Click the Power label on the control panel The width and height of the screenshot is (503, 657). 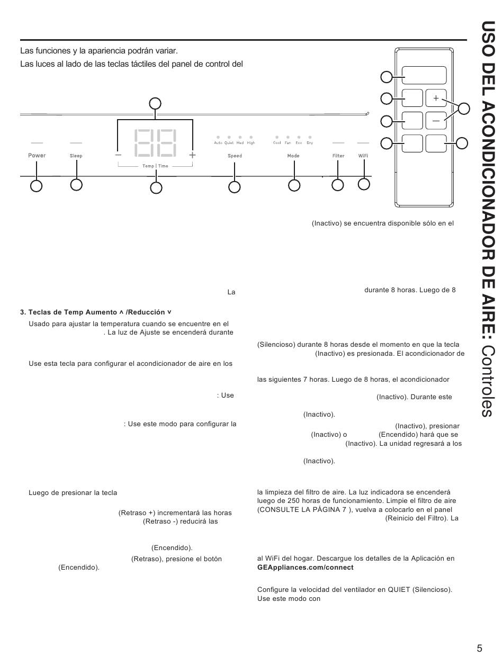(37, 156)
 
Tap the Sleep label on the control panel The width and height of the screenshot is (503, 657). (76, 156)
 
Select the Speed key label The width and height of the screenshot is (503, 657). (235, 156)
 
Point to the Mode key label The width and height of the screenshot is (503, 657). (293, 156)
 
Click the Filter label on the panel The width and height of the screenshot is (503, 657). (338, 156)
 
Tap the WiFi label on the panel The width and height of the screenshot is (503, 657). (363, 156)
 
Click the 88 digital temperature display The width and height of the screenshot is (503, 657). (155, 143)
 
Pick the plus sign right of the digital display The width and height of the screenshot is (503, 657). (192, 155)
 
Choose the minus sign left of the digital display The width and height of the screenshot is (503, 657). (118, 155)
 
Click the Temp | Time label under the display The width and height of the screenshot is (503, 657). (155, 166)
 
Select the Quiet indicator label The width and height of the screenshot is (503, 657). (229, 143)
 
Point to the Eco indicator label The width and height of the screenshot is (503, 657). (299, 143)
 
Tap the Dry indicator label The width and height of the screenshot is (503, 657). (310, 143)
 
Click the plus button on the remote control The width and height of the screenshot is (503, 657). (436, 98)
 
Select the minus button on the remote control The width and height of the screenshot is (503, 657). (436, 121)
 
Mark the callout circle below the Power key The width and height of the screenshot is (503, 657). (36, 186)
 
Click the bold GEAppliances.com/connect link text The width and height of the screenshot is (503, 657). (305, 568)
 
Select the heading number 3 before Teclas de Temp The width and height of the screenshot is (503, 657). (22, 312)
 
